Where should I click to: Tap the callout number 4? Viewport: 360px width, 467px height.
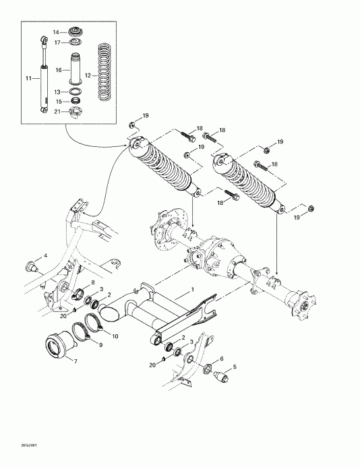click(46, 255)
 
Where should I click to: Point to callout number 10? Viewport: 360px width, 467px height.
click(115, 336)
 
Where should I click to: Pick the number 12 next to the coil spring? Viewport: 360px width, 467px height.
click(88, 76)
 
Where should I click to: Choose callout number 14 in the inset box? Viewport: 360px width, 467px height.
click(57, 32)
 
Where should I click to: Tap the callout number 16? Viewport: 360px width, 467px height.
click(58, 69)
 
